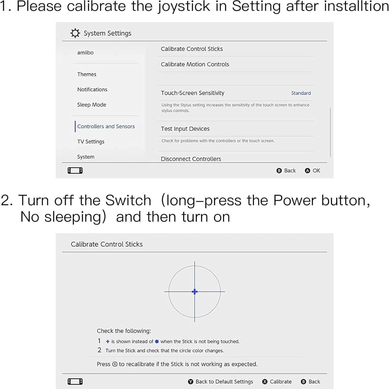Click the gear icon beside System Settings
pyautogui.click(x=75, y=33)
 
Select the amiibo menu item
pyautogui.click(x=85, y=53)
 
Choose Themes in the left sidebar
pyautogui.click(x=87, y=74)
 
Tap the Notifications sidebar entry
pyautogui.click(x=92, y=89)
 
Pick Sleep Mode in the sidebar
pyautogui.click(x=92, y=105)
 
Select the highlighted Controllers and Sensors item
pyautogui.click(x=106, y=126)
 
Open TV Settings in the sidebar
pyautogui.click(x=91, y=142)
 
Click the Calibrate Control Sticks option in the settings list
pyautogui.click(x=192, y=49)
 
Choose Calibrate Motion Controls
pyautogui.click(x=195, y=64)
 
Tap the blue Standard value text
pyautogui.click(x=301, y=93)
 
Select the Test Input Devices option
pyautogui.click(x=185, y=129)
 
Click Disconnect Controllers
pyautogui.click(x=191, y=159)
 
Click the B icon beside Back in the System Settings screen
pyautogui.click(x=279, y=171)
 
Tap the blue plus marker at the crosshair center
pyautogui.click(x=194, y=292)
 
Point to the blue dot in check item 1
pyautogui.click(x=157, y=342)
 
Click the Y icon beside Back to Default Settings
pyautogui.click(x=191, y=382)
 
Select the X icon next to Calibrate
pyautogui.click(x=265, y=382)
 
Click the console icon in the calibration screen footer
pyautogui.click(x=75, y=382)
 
